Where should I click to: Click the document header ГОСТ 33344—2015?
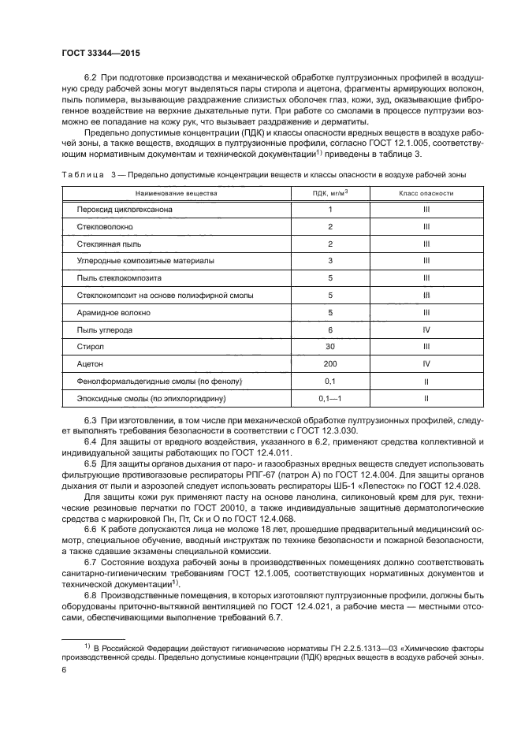[x=95, y=53]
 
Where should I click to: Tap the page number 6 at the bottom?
[x=64, y=668]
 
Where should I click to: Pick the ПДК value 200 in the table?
[x=330, y=363]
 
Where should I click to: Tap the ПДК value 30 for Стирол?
[x=330, y=346]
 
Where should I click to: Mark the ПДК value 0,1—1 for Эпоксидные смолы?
[x=330, y=398]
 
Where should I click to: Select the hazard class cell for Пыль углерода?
[x=426, y=329]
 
